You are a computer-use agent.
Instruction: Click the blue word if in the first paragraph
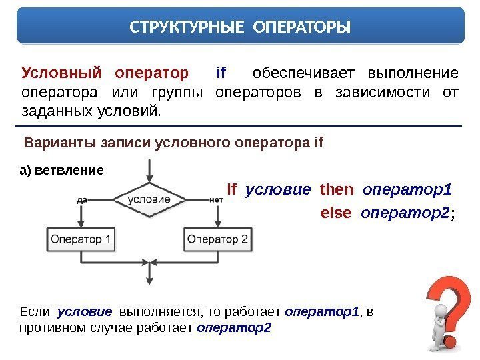click(x=222, y=72)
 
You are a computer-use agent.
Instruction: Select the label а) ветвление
click(x=61, y=169)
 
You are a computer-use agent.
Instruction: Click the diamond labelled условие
click(x=147, y=199)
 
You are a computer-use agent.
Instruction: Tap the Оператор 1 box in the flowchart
click(x=81, y=239)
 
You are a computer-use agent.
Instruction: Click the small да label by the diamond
click(x=83, y=198)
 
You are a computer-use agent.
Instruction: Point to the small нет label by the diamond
click(x=215, y=199)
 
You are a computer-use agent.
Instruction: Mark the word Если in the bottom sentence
click(x=35, y=311)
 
